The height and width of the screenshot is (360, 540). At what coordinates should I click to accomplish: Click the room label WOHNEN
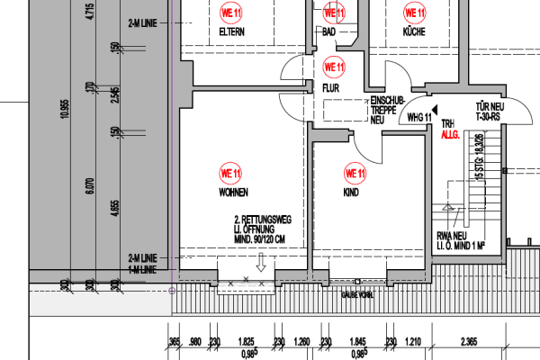pyautogui.click(x=232, y=193)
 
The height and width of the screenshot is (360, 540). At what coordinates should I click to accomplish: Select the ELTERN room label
pyautogui.click(x=232, y=33)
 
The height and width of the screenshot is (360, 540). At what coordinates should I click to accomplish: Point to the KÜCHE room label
pyautogui.click(x=414, y=33)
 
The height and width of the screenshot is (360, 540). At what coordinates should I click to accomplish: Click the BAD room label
pyautogui.click(x=329, y=33)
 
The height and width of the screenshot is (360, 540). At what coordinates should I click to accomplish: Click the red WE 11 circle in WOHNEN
pyautogui.click(x=231, y=173)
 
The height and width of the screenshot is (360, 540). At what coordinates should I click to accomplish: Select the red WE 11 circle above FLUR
pyautogui.click(x=334, y=66)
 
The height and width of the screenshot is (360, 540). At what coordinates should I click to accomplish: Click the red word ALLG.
pyautogui.click(x=450, y=134)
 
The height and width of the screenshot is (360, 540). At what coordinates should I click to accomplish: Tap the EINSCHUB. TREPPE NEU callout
pyautogui.click(x=383, y=110)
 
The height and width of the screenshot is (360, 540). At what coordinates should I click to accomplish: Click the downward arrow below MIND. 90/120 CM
pyautogui.click(x=261, y=263)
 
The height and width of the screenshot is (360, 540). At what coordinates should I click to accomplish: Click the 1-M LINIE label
pyautogui.click(x=143, y=267)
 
